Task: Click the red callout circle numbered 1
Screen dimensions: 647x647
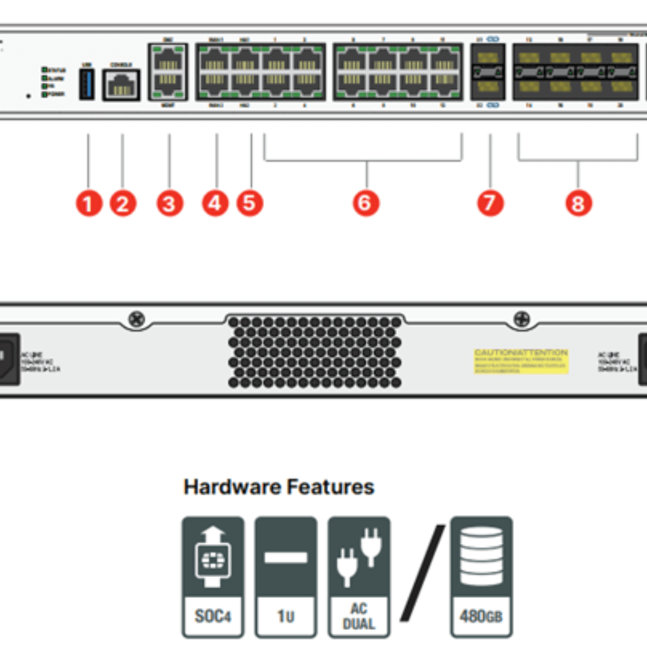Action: pyautogui.click(x=88, y=203)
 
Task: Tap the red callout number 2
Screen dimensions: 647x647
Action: pyautogui.click(x=123, y=203)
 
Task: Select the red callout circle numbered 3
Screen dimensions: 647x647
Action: pyautogui.click(x=169, y=203)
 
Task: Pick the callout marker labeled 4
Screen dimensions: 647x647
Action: pyautogui.click(x=215, y=203)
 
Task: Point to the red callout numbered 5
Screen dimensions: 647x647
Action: pyautogui.click(x=250, y=203)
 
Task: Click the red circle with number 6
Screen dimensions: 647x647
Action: pyautogui.click(x=366, y=203)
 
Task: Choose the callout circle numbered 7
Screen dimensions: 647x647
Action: pyautogui.click(x=490, y=203)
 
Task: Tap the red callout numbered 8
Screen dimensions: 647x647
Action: pyautogui.click(x=578, y=203)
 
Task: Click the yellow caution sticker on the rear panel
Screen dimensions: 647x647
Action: pyautogui.click(x=521, y=361)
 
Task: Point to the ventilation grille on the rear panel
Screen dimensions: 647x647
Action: pyautogui.click(x=315, y=352)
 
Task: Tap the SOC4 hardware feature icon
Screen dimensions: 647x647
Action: pyautogui.click(x=213, y=576)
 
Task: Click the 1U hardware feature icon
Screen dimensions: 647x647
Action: pyautogui.click(x=286, y=576)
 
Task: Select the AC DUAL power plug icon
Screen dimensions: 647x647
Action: pyautogui.click(x=359, y=576)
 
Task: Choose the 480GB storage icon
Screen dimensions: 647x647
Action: pyautogui.click(x=481, y=576)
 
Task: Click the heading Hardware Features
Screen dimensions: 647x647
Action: pyautogui.click(x=279, y=487)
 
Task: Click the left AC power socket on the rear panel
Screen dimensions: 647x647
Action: pyautogui.click(x=9, y=359)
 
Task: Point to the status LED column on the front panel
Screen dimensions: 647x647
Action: pyautogui.click(x=44, y=82)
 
